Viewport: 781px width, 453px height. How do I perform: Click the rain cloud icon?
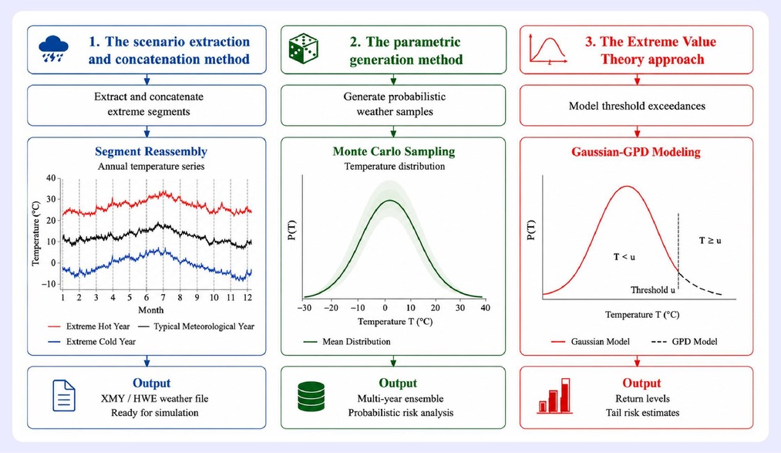pyautogui.click(x=53, y=49)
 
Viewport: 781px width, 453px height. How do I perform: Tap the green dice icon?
pyautogui.click(x=303, y=49)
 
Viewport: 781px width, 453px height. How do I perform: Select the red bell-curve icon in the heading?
pyautogui.click(x=548, y=49)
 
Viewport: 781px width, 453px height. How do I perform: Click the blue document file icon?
pyautogui.click(x=64, y=396)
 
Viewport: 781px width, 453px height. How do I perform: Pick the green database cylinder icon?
pyautogui.click(x=311, y=397)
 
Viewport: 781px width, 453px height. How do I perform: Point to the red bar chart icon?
pyautogui.click(x=555, y=396)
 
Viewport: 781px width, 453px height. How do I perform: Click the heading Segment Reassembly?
pyautogui.click(x=151, y=151)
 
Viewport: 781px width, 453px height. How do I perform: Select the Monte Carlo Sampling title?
pyautogui.click(x=394, y=151)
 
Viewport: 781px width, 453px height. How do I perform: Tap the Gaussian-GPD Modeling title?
pyautogui.click(x=636, y=152)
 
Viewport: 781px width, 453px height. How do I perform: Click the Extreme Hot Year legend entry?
pyautogui.click(x=89, y=326)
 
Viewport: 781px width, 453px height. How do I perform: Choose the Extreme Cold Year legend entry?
pyautogui.click(x=92, y=341)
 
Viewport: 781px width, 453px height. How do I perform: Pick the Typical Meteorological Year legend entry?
pyautogui.click(x=197, y=326)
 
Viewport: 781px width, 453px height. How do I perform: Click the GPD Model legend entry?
pyautogui.click(x=685, y=341)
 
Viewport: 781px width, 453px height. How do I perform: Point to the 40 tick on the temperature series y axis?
pyautogui.click(x=51, y=178)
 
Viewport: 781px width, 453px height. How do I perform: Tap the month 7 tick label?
pyautogui.click(x=163, y=298)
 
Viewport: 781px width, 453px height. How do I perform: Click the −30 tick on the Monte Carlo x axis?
pyautogui.click(x=305, y=308)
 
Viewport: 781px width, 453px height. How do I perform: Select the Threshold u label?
pyautogui.click(x=653, y=290)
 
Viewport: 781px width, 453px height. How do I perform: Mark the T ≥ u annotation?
pyautogui.click(x=710, y=241)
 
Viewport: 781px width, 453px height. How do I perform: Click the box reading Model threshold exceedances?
pyautogui.click(x=637, y=106)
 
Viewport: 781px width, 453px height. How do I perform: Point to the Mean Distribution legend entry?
pyautogui.click(x=347, y=341)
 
